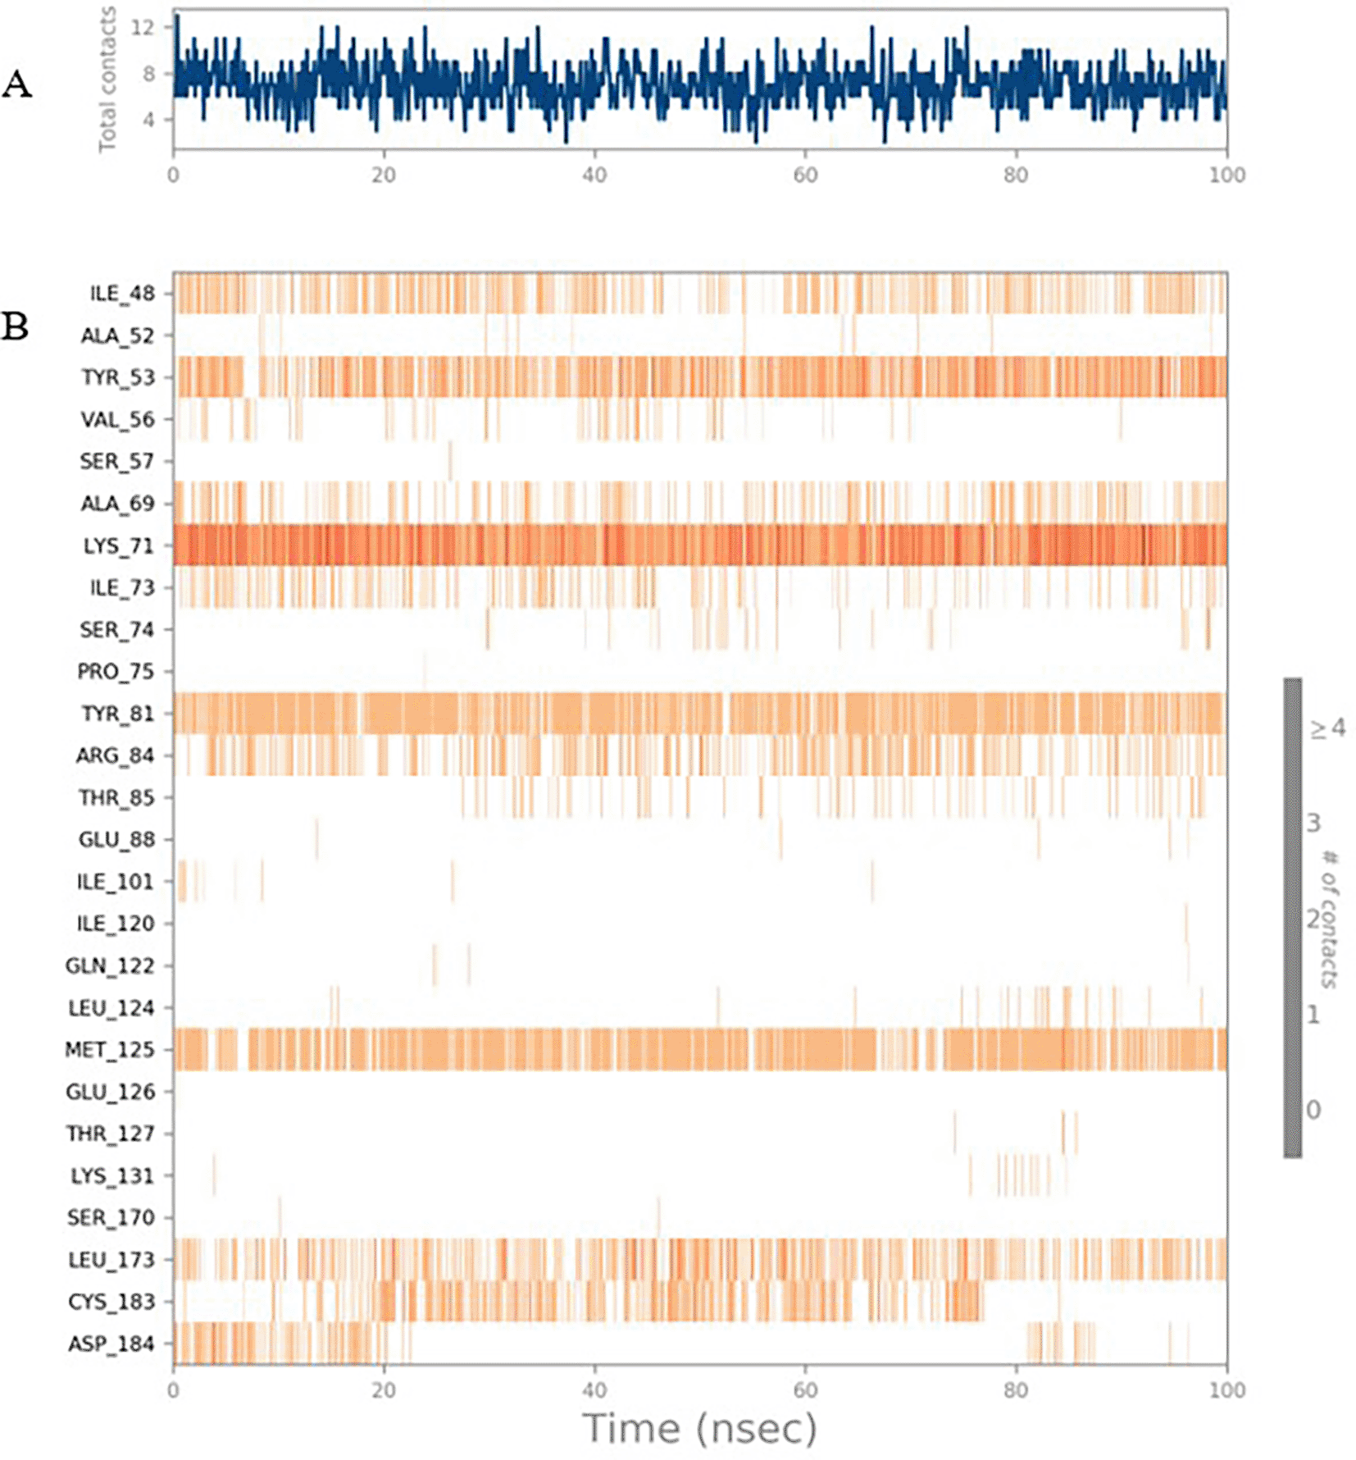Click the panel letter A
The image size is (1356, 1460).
pos(17,84)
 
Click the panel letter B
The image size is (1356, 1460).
pos(16,326)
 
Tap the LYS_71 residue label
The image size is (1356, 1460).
pos(118,545)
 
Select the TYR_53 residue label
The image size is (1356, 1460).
pos(117,377)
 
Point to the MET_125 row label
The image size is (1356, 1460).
pos(110,1049)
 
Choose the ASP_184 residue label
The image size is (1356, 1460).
pos(111,1344)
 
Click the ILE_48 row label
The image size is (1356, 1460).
pos(121,294)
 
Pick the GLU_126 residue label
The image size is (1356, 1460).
pos(110,1092)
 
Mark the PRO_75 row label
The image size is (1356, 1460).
pos(116,672)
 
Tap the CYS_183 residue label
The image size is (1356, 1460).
pos(111,1302)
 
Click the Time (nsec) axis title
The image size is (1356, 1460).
pos(699,1428)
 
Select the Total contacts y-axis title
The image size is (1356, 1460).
pos(107,79)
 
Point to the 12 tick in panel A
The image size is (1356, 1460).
pos(143,27)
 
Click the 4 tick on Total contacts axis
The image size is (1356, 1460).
pos(148,120)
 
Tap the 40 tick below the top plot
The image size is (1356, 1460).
pos(594,175)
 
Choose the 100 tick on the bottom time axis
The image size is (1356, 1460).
pos(1226,1390)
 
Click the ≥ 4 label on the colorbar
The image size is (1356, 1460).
pos(1326,728)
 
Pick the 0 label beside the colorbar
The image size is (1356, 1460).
pos(1313,1110)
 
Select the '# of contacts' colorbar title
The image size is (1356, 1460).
pos(1330,919)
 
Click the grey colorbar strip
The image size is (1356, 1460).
pos(1292,917)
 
